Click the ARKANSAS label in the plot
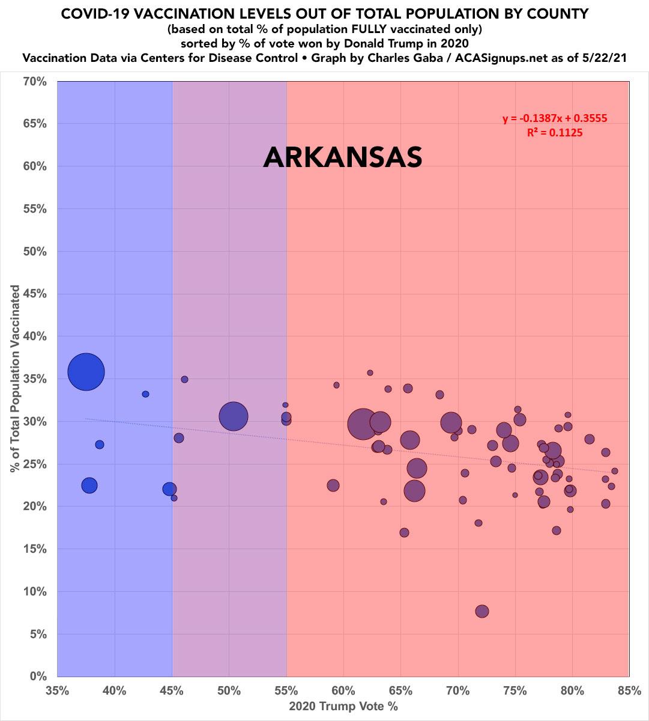point(343,157)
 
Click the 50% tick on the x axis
point(229,691)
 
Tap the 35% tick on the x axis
point(58,691)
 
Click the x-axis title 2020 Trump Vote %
point(343,706)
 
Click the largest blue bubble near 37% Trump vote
point(86,372)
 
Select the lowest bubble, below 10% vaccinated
point(481,611)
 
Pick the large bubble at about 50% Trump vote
point(234,416)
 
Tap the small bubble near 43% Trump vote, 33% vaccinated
point(145,394)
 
